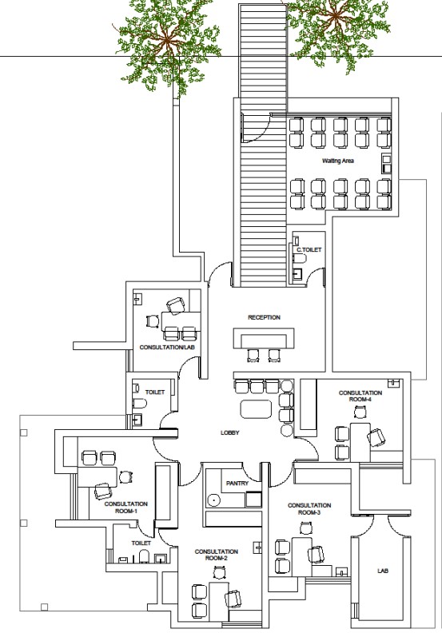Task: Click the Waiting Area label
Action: point(338,161)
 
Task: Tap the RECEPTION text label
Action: point(264,317)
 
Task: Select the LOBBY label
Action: point(229,432)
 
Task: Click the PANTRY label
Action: point(237,484)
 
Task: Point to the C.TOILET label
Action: point(309,249)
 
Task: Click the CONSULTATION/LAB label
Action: point(167,348)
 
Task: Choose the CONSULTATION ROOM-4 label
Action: point(360,396)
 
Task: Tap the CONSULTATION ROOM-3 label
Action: point(309,509)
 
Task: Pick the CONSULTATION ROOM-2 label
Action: point(217,555)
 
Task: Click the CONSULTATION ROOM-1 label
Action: point(126,508)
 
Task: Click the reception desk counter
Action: point(264,337)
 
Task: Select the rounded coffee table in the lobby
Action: point(257,409)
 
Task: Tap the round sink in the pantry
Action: point(213,500)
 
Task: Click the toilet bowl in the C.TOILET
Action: point(300,258)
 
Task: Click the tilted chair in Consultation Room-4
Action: point(376,437)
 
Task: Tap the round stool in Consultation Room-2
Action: point(220,573)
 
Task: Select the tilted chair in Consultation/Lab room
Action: point(176,305)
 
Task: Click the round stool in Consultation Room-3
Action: point(305,529)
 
